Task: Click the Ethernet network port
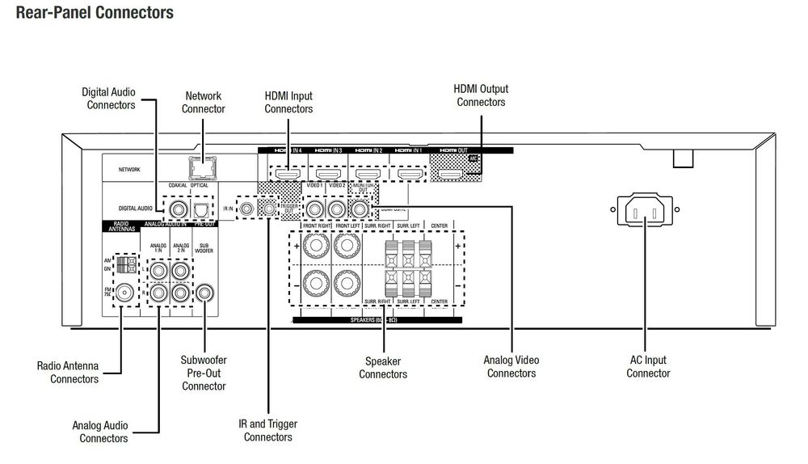point(201,168)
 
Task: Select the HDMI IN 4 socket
point(287,174)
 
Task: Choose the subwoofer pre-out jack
point(206,290)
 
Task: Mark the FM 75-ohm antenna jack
point(125,292)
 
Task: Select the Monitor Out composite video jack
point(360,209)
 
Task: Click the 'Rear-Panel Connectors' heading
point(95,13)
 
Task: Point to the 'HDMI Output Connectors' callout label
point(481,95)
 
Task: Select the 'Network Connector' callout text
point(203,102)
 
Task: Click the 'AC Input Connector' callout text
point(648,366)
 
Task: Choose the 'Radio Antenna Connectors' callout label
point(69,372)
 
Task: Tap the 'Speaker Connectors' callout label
point(383,367)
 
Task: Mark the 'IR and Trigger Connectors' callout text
point(267,430)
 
